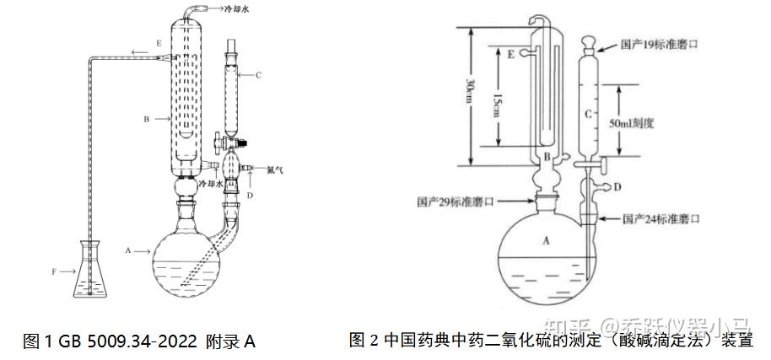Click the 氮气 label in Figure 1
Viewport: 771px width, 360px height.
click(x=274, y=169)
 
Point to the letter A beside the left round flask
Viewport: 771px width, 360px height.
click(x=127, y=250)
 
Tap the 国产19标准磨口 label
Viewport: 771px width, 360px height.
click(x=660, y=41)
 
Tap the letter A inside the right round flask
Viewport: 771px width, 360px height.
click(x=546, y=240)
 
